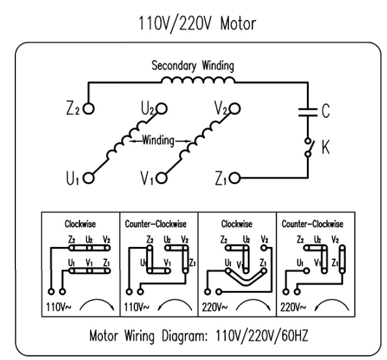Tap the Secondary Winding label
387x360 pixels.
tap(193, 65)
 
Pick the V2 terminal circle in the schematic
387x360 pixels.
tap(235, 109)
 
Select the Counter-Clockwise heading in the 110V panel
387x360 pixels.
tap(158, 224)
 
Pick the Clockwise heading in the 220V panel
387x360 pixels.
tap(236, 224)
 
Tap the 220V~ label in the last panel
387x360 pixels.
tap(292, 307)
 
